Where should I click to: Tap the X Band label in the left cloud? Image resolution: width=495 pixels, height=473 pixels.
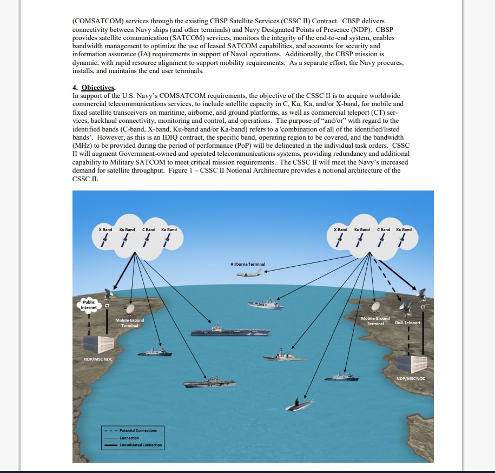tap(105, 229)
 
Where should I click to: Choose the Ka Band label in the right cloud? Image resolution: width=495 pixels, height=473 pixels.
tap(404, 229)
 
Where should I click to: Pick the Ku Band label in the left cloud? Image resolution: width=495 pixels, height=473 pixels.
tap(127, 229)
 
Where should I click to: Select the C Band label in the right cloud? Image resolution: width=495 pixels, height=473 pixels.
tap(383, 229)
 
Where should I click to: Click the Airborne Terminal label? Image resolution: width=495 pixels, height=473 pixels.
tap(248, 264)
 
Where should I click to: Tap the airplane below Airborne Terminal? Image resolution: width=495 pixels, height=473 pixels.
tap(248, 274)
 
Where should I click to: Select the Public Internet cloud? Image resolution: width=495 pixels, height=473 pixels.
tap(89, 305)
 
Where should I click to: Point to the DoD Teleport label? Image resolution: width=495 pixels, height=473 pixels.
tap(407, 323)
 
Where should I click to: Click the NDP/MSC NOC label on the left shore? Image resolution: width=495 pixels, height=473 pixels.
tap(97, 359)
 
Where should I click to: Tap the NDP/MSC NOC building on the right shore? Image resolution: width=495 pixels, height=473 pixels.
tap(412, 364)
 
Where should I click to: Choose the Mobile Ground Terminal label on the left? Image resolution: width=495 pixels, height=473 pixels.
tap(130, 323)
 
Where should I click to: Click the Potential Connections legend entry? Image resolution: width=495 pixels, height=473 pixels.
tap(137, 430)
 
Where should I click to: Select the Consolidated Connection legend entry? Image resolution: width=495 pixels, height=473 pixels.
tap(140, 445)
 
